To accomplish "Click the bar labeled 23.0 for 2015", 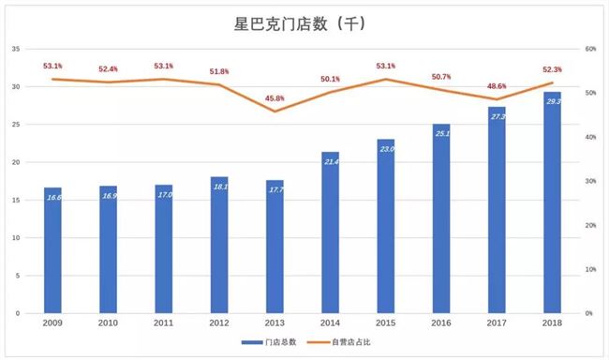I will pos(386,226).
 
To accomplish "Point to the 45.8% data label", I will pos(275,98).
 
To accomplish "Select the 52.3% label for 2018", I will pos(552,69).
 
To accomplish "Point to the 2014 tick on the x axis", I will pos(331,324).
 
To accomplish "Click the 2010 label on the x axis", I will pos(109,324).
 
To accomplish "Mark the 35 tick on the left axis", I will pos(14,49).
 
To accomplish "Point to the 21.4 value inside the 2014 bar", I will pos(331,162).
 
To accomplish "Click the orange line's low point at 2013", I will pos(275,112).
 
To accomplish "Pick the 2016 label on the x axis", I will pos(441,324).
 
